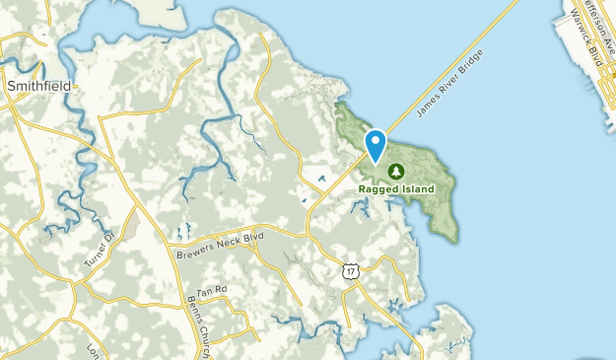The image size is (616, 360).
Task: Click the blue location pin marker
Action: point(376,145)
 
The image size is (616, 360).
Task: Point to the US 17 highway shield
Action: point(351,269)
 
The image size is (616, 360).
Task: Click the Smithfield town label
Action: point(38,86)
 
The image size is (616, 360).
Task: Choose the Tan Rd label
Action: point(211,291)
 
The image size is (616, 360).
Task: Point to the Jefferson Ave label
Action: point(589,17)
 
